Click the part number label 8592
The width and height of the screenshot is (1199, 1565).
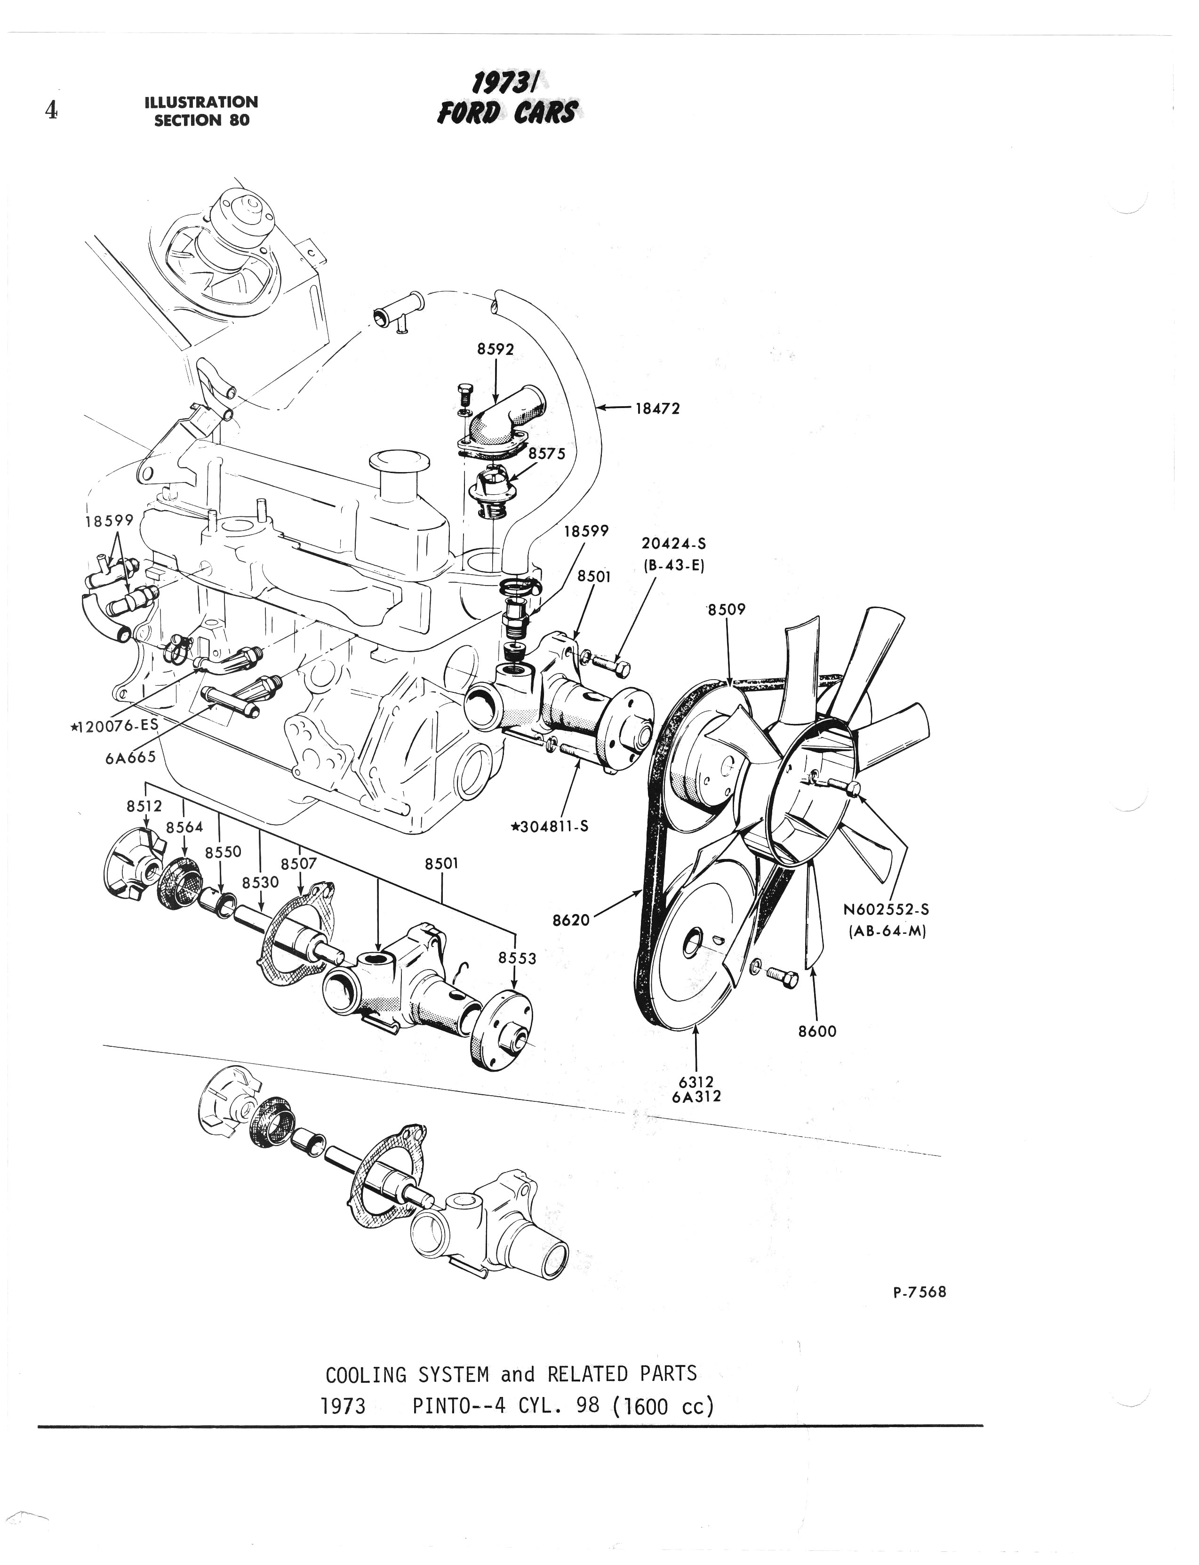pos(496,349)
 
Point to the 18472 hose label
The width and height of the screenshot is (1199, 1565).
pos(658,409)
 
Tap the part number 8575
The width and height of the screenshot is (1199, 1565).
pos(547,453)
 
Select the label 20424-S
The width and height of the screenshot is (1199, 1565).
pos(674,544)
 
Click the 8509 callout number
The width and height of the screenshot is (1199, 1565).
pos(727,609)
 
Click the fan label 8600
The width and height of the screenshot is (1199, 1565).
pos(817,1031)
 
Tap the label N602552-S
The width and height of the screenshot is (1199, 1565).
pos(887,910)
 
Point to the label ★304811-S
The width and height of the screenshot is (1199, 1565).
pos(550,827)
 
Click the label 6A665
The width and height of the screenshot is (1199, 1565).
pos(131,757)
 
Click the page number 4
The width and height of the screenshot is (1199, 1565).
pos(51,110)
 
